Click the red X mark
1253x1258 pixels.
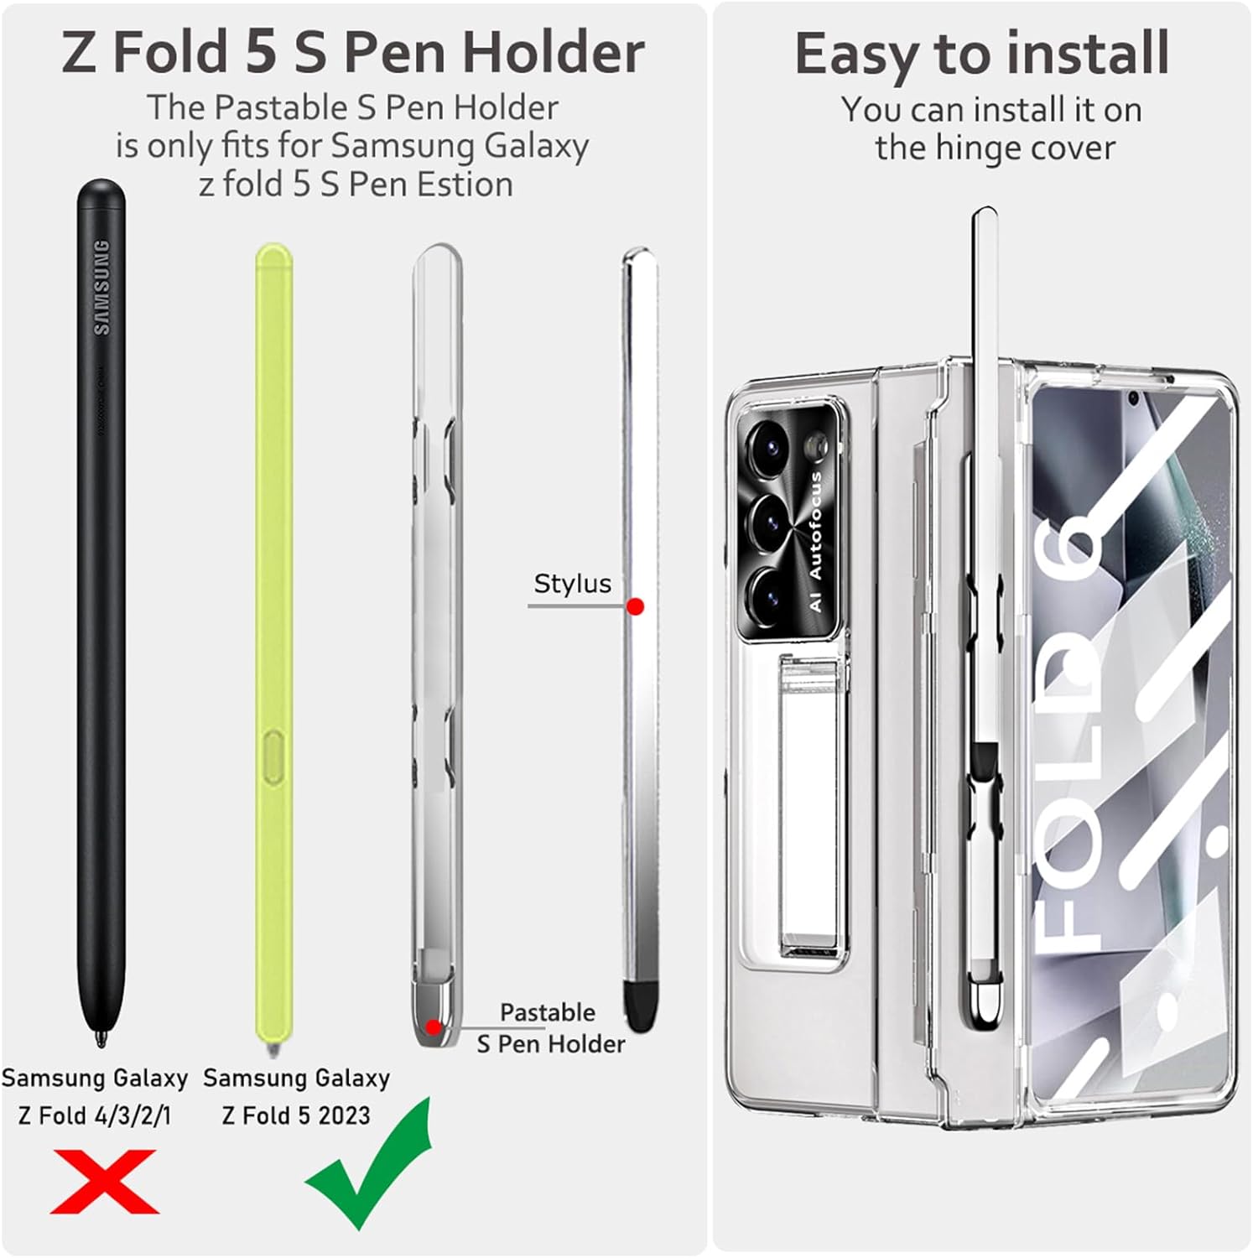104,1181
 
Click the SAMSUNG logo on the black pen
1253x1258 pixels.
101,287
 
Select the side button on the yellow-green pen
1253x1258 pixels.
273,756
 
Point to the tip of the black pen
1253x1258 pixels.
101,1043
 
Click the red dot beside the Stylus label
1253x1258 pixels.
635,606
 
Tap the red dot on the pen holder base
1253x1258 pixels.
433,1027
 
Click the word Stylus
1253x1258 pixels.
572,584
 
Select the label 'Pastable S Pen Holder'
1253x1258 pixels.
550,1028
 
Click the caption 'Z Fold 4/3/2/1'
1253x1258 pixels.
95,1115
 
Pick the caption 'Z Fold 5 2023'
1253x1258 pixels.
296,1115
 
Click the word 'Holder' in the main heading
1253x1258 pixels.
554,52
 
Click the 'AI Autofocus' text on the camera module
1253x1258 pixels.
815,542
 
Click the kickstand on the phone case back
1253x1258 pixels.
814,805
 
